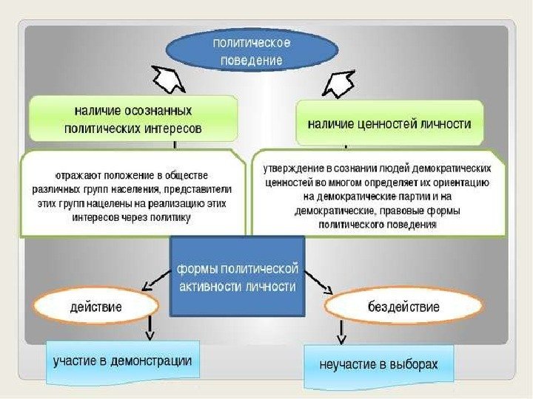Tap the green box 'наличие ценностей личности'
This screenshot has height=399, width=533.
tap(389, 124)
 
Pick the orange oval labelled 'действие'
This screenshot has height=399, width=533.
tap(96, 305)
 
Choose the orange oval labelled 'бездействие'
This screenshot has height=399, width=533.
tap(403, 306)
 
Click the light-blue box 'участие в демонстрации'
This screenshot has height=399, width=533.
tap(123, 362)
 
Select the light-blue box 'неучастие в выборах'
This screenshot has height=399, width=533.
tap(378, 365)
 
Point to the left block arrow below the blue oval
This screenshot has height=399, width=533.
tap(168, 79)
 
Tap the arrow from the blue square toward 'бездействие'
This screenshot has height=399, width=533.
tap(318, 282)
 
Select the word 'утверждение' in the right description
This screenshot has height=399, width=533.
tap(293, 168)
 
